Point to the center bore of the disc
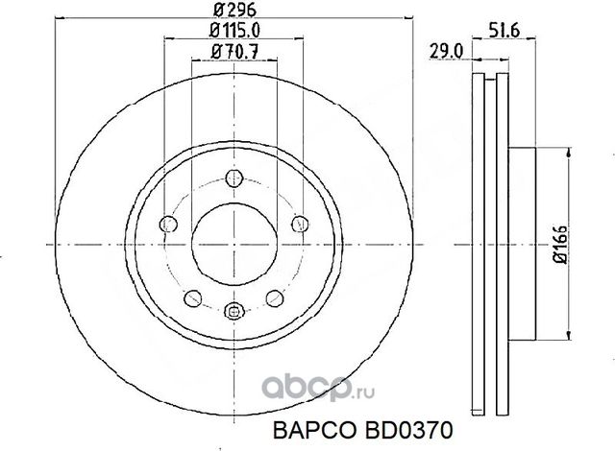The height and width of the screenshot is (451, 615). coord(234,244)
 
